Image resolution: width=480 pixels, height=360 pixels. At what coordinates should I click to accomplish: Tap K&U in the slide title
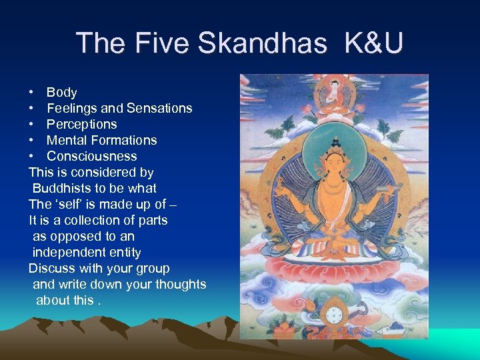coord(373,43)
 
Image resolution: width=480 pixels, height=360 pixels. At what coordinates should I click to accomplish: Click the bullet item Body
coord(61,92)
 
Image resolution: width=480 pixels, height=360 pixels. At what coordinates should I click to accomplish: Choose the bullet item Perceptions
coord(81,124)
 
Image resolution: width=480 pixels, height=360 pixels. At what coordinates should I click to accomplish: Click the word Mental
coord(67,140)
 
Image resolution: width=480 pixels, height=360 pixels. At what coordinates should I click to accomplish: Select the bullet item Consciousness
coord(91,156)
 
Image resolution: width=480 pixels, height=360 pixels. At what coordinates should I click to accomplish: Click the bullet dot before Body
coord(31,92)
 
